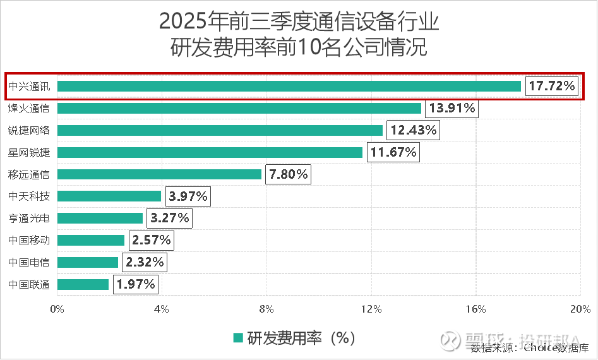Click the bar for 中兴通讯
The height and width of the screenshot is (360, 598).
pos(289,86)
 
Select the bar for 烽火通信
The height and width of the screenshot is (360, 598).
pos(239,108)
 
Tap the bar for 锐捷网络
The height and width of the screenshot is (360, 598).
pos(220,130)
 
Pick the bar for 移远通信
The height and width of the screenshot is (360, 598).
pos(159,174)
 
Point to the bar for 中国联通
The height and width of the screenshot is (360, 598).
pos(83,284)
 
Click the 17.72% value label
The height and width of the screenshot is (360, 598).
pos(552,86)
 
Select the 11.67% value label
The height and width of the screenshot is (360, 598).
pos(393,152)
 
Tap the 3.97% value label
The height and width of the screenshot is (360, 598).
pos(188,196)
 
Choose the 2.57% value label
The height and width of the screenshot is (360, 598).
pos(152,240)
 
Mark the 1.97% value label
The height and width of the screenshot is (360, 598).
pos(135,284)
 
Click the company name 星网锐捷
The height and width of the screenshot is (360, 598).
pos(29,152)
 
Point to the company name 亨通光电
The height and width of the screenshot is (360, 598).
pos(29,218)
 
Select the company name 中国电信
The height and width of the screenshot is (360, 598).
pos(29,262)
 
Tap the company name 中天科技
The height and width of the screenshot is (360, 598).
pos(29,196)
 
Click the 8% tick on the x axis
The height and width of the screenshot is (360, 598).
pos(266,309)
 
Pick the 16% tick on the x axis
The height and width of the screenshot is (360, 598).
pos(475,309)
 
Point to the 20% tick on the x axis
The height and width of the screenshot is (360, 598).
pos(580,309)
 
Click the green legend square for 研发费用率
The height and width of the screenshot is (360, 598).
pos(238,338)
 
